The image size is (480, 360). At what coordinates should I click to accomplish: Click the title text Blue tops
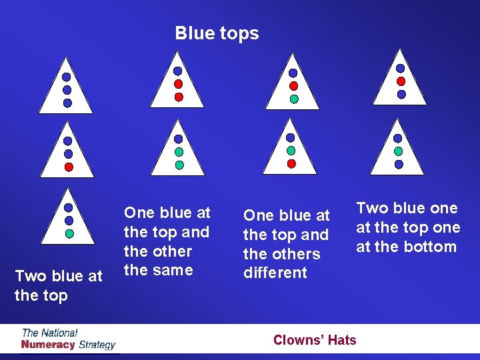click(x=217, y=33)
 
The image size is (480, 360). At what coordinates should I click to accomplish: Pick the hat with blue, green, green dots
click(x=178, y=151)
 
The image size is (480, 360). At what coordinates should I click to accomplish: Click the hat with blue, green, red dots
click(x=290, y=151)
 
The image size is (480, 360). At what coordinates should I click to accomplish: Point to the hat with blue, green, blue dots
click(x=397, y=151)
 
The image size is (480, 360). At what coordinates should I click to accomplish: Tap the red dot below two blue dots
click(x=69, y=167)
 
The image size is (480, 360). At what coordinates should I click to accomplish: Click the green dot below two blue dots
click(x=69, y=234)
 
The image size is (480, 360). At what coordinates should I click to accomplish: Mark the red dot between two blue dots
click(x=401, y=81)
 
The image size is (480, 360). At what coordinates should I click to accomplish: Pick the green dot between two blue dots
click(x=398, y=151)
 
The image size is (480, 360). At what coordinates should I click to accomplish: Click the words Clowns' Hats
click(x=315, y=340)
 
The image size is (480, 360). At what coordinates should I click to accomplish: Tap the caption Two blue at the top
click(x=59, y=285)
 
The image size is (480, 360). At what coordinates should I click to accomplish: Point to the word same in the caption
click(x=175, y=270)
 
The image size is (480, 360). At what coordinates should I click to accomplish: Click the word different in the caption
click(x=275, y=273)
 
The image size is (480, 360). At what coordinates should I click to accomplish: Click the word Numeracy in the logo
click(x=48, y=345)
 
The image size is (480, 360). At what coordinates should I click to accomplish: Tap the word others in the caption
click(x=299, y=254)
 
